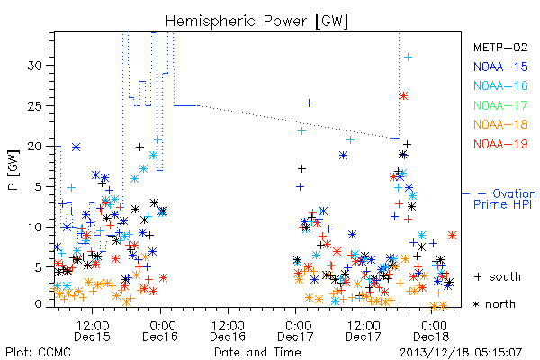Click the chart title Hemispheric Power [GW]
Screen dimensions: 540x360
coord(256,22)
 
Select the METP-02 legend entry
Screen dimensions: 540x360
coord(500,47)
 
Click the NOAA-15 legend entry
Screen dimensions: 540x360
coord(500,67)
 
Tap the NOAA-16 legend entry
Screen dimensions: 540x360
coord(500,85)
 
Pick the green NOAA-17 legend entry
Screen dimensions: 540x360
coord(500,105)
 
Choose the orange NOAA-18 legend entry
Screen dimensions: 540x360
coord(500,124)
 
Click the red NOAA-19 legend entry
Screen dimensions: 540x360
coord(500,144)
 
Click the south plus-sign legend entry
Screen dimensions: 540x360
coord(498,276)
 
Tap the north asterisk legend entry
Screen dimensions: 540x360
coord(494,304)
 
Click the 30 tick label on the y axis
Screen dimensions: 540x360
coord(35,66)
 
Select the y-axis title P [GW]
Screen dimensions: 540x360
coord(14,170)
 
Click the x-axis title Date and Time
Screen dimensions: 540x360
coord(257,352)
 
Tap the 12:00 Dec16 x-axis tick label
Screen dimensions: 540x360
coord(228,331)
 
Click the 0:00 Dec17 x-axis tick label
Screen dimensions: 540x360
coord(295,331)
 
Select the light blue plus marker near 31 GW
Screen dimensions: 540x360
coord(408,58)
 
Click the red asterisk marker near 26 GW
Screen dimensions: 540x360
coord(403,95)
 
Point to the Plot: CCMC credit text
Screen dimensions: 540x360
coord(38,352)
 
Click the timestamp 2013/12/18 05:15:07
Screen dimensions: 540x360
coord(461,353)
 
